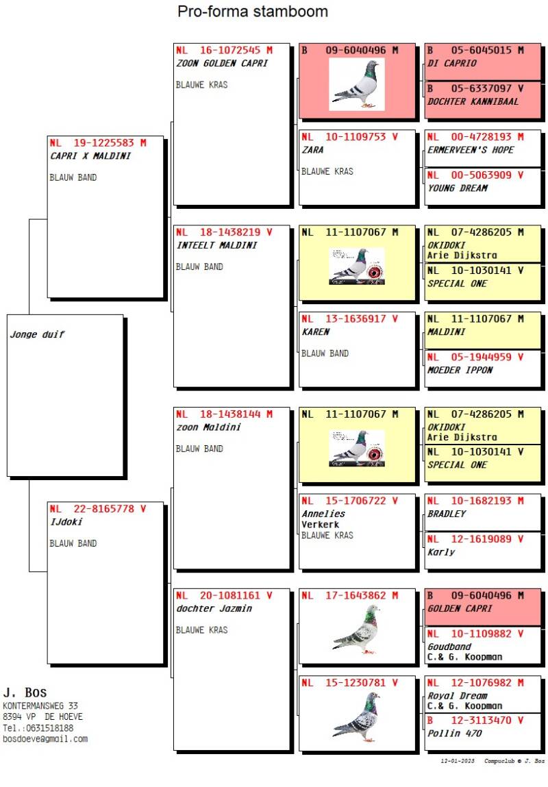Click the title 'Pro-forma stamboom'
pos(252,12)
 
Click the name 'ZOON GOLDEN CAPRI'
pos(222,63)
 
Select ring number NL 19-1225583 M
pos(98,143)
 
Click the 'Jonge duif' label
pos(37,335)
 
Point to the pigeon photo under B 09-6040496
pos(356,84)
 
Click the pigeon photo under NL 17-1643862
pos(356,629)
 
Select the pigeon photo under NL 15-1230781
pos(356,716)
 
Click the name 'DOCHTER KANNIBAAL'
pos(473,101)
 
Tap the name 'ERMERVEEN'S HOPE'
pos(470,150)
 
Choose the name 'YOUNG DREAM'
pos(457,188)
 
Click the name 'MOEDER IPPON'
pos(460,370)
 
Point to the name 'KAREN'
pos(315,332)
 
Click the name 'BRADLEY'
pos(446,514)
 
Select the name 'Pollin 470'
pos(454,733)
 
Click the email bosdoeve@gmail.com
pos(45,739)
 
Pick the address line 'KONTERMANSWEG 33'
pos(40,705)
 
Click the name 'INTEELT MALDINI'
pos(216,245)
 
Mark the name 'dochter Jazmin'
pos(214,608)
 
